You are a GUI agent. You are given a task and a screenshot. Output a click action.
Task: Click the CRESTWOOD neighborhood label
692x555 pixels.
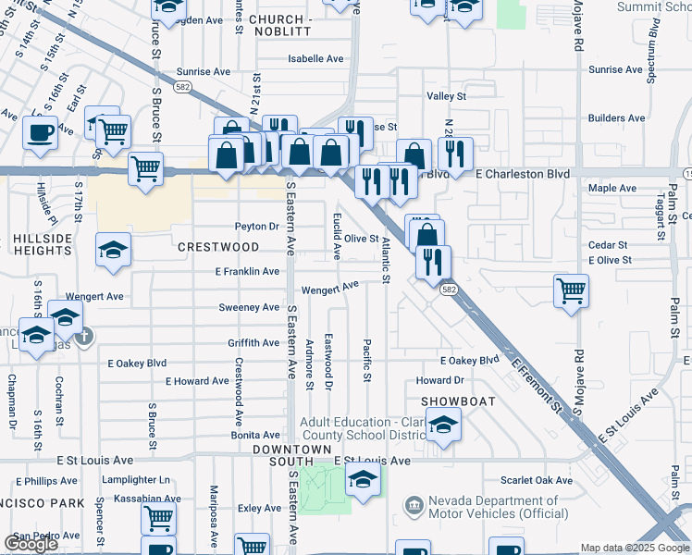(x=218, y=247)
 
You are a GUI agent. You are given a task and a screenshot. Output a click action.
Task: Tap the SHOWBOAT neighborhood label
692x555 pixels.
(x=459, y=401)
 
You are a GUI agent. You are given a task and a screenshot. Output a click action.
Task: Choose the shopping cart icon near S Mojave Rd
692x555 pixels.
(x=572, y=290)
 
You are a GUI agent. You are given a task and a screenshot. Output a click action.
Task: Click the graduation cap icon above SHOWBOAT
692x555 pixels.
(x=444, y=425)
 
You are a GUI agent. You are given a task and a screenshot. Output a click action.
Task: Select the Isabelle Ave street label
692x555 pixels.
(x=315, y=58)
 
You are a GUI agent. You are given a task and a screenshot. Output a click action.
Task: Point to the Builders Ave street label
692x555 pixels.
(x=616, y=117)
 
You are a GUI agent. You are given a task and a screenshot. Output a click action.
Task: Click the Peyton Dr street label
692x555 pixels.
(x=257, y=227)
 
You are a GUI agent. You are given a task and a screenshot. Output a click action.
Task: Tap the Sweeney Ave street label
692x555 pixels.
(x=249, y=307)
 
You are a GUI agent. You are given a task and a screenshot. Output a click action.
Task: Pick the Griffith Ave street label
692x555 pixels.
(x=253, y=343)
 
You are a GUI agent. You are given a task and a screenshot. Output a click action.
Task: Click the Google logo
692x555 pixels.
(x=31, y=544)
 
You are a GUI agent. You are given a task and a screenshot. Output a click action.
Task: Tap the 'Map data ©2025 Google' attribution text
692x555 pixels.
(x=636, y=548)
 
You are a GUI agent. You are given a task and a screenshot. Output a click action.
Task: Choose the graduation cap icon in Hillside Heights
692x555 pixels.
(x=113, y=250)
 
